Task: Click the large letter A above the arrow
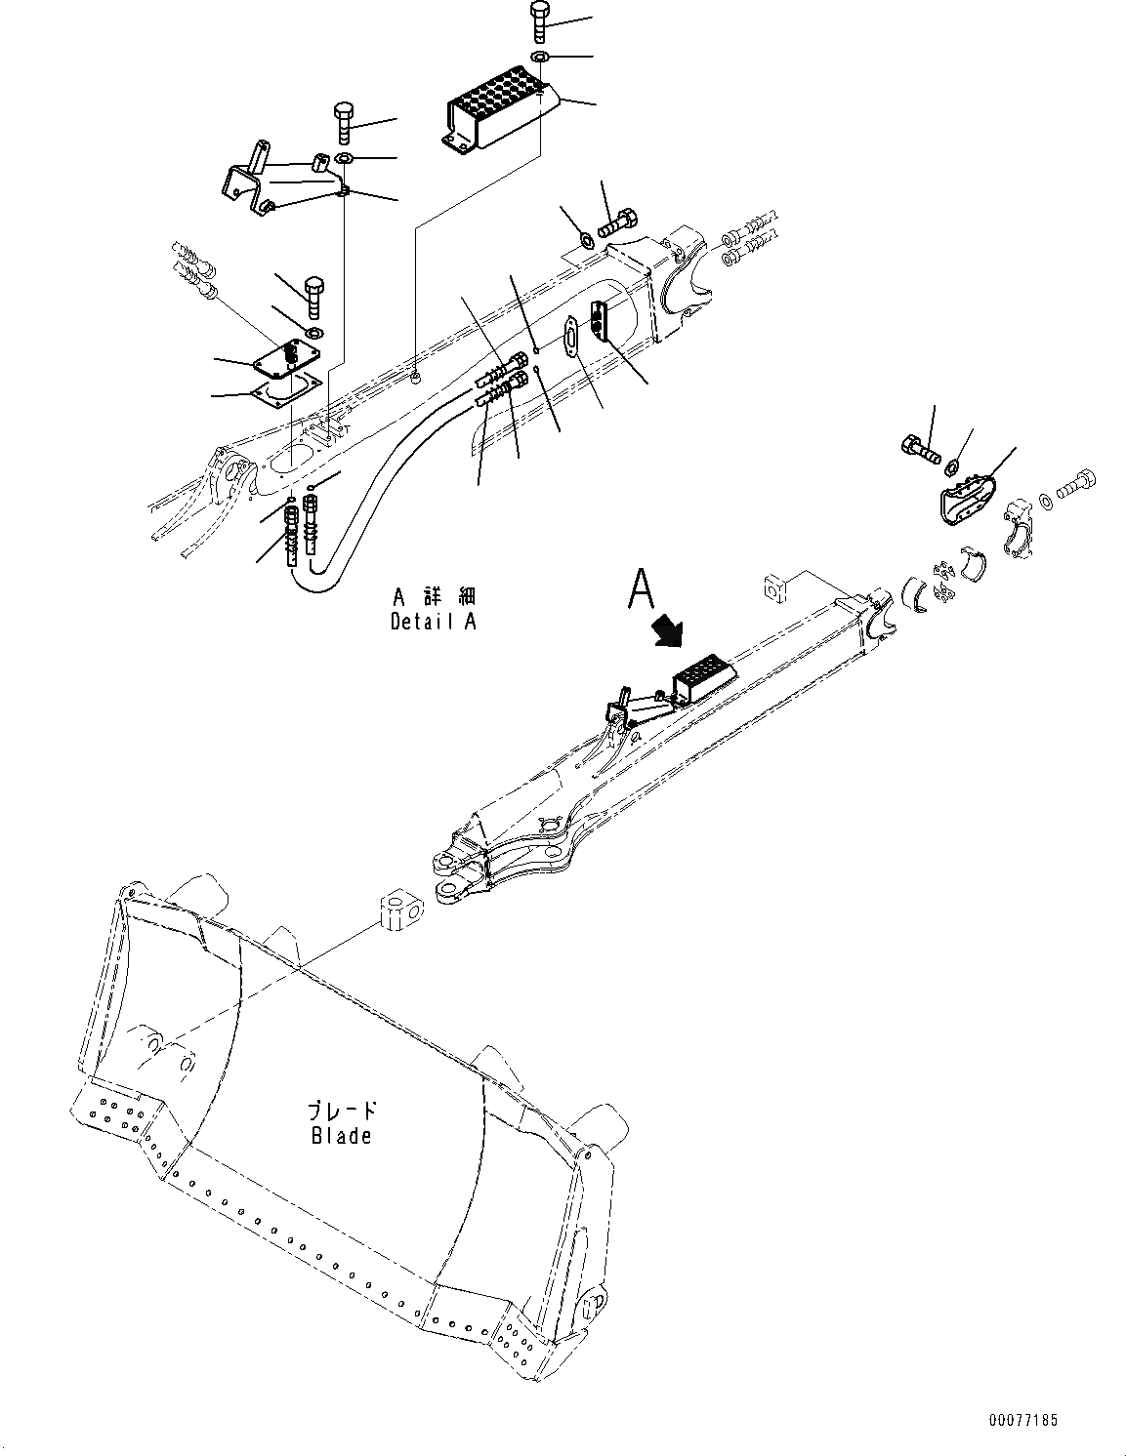(640, 588)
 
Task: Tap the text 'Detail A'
(434, 621)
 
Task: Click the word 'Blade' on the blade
(341, 1135)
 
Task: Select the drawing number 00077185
(1022, 1420)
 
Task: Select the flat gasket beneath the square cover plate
(285, 391)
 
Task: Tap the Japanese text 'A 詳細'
(435, 595)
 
